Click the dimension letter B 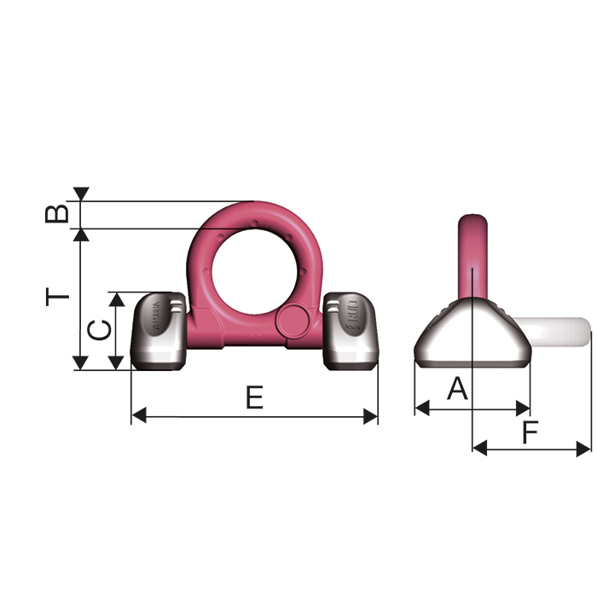click(57, 212)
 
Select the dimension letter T click(57, 297)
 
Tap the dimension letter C click(101, 330)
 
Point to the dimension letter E click(254, 397)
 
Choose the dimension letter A click(458, 389)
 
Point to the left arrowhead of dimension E click(138, 416)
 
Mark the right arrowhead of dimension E click(370, 416)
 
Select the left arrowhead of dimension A click(421, 409)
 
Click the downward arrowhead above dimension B click(81, 194)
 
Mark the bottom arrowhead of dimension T click(81, 362)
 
